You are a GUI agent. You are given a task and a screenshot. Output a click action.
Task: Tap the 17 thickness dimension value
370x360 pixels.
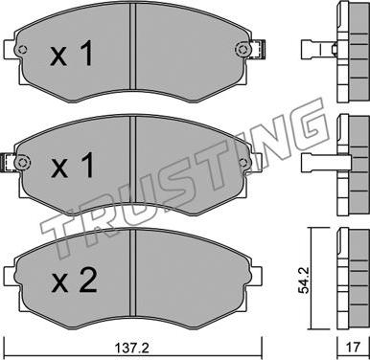tap(353, 347)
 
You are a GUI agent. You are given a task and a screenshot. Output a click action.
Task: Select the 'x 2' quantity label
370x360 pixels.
tap(74, 281)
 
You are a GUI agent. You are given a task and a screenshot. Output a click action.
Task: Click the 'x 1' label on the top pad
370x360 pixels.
tap(72, 54)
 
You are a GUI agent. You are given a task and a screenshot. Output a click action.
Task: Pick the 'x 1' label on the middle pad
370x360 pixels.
tap(73, 165)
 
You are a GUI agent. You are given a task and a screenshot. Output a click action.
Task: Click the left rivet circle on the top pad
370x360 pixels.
tap(22, 50)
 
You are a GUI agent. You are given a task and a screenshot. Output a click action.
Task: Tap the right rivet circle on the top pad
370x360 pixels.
tap(243, 50)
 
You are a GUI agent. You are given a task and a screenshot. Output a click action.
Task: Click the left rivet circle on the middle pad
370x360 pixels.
tap(22, 162)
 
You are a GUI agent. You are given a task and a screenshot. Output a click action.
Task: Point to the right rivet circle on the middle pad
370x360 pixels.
tap(243, 162)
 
